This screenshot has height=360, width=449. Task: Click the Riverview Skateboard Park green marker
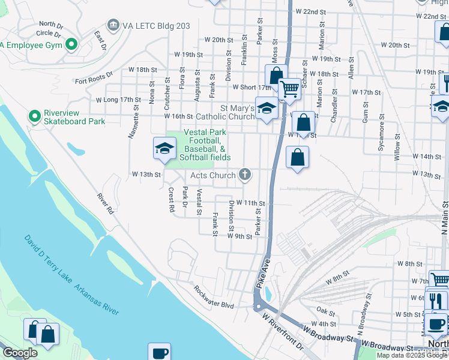point(34,114)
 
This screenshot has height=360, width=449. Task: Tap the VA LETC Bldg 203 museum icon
point(112,25)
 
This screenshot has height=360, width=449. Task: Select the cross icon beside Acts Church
point(244,175)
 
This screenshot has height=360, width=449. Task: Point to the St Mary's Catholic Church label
point(238,112)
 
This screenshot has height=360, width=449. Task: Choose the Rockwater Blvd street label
point(213,296)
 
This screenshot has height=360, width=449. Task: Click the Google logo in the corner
point(20,353)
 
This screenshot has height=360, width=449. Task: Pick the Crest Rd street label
point(172,200)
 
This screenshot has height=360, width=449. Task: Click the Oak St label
point(327,311)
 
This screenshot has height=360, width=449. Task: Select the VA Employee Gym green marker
point(72,44)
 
